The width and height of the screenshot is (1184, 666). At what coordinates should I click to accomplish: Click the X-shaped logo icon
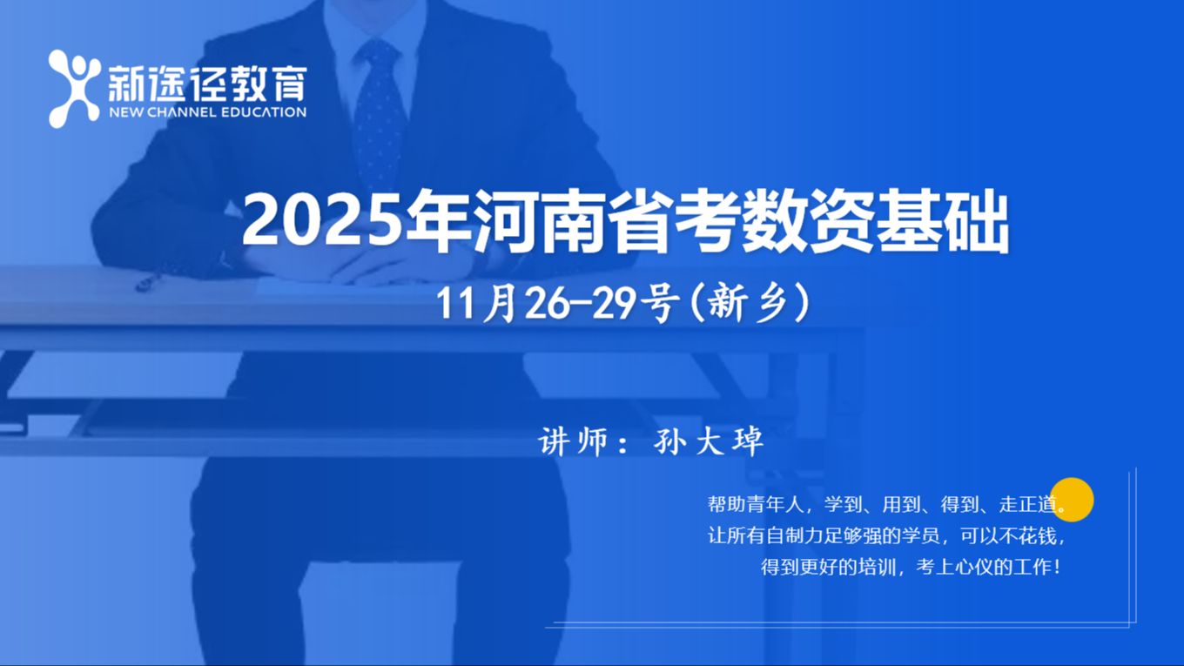[x=74, y=88]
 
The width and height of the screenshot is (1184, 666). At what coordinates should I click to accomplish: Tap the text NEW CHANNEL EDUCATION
[x=206, y=112]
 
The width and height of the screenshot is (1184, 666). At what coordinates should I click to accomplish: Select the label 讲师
[x=570, y=442]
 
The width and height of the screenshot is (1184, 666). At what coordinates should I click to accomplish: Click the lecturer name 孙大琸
[x=708, y=442]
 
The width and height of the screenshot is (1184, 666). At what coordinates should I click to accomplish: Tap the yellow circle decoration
[x=1072, y=499]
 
